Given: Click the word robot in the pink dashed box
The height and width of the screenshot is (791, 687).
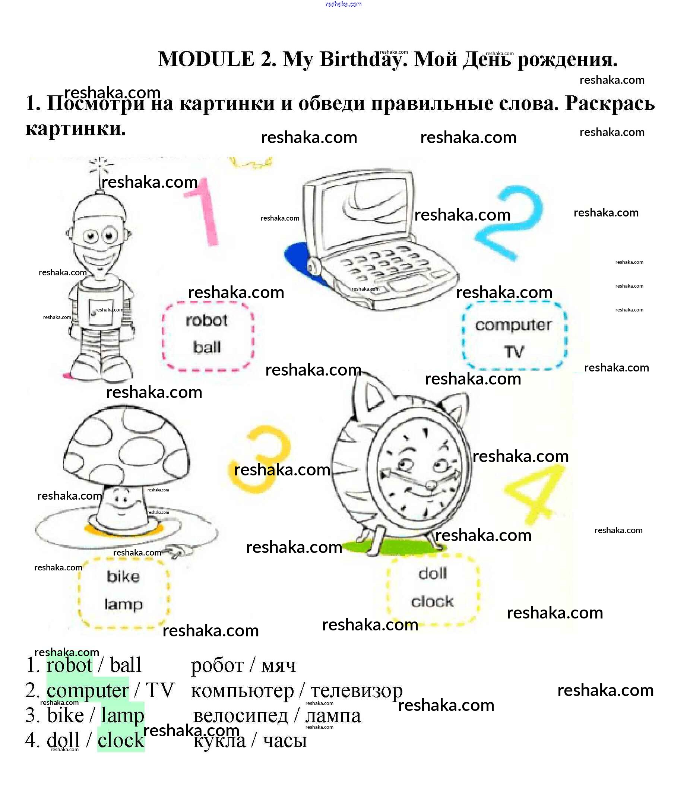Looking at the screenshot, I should click(207, 320).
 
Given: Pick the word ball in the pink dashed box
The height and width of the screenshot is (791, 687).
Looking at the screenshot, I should click(207, 347).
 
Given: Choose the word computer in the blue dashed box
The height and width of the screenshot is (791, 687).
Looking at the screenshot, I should click(513, 325).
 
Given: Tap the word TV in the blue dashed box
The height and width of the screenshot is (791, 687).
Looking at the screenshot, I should click(514, 352).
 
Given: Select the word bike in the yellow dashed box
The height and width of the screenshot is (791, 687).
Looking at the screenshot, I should click(123, 577).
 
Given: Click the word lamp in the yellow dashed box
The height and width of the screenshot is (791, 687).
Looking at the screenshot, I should click(123, 605).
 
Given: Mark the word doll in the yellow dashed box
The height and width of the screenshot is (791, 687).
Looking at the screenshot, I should click(433, 574).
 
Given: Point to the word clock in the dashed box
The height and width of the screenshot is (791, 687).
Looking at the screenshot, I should click(433, 602).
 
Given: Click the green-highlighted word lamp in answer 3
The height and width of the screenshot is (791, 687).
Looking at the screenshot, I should click(122, 716).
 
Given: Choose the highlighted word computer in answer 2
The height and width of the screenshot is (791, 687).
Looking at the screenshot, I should click(88, 690).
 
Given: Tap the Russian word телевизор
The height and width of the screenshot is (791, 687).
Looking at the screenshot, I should click(356, 690).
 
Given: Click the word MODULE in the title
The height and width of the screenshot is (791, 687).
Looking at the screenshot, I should click(206, 60).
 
